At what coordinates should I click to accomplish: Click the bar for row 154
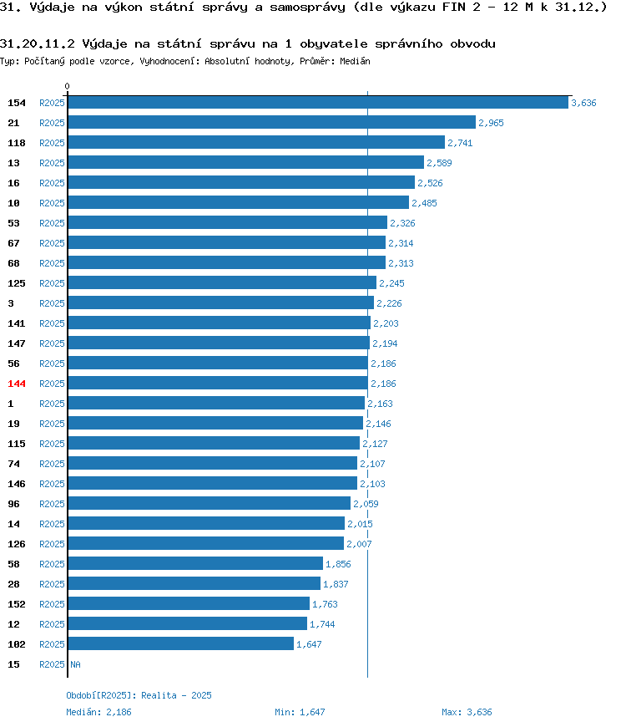318,103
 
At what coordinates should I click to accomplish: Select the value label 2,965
491,123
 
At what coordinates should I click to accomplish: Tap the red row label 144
17,384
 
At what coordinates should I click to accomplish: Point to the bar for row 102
181,643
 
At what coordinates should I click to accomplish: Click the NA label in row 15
75,664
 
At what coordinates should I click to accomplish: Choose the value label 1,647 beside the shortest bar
309,644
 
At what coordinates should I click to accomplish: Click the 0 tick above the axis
67,86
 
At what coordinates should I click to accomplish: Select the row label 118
17,143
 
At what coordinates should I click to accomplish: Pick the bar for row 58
195,563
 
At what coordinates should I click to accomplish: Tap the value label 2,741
460,143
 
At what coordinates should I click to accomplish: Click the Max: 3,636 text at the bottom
467,712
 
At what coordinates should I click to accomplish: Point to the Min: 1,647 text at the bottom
300,712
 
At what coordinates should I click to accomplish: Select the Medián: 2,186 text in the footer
98,712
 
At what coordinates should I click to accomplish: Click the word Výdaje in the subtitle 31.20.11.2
104,44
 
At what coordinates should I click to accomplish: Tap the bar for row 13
246,162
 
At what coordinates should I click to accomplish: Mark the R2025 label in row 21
52,123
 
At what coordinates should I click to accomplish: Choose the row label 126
17,544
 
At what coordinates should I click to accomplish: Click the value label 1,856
338,564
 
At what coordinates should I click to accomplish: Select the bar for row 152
189,603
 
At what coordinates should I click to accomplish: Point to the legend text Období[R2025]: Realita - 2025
139,695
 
